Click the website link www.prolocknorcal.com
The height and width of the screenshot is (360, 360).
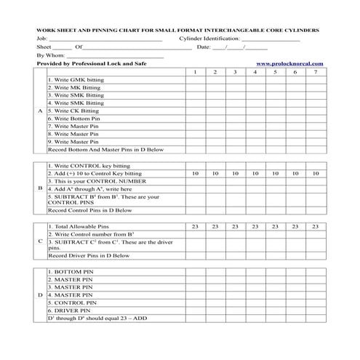[x=289, y=64]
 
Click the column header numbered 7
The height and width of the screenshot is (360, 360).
[x=315, y=72]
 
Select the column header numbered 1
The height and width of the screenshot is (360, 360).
[x=195, y=72]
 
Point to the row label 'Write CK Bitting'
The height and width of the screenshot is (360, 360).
[x=73, y=111]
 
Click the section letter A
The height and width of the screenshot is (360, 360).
[x=39, y=111]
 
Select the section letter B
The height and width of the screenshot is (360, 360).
[x=39, y=188]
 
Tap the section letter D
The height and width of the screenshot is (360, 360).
[x=39, y=295]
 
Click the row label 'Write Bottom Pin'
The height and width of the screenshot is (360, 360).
[x=73, y=119]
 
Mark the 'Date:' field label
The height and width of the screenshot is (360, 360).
[x=204, y=47]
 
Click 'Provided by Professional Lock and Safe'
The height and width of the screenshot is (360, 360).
[x=91, y=64]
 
